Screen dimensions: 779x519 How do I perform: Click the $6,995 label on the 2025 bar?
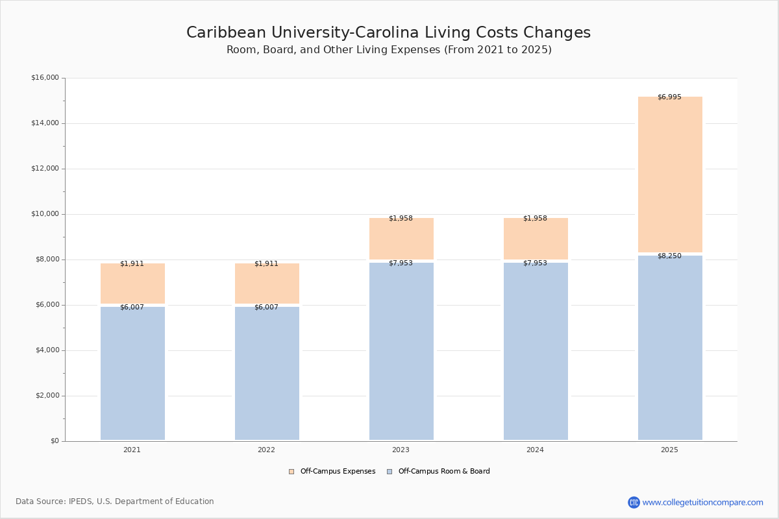[x=669, y=97]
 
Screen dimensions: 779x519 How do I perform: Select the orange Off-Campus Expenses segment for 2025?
[x=670, y=175]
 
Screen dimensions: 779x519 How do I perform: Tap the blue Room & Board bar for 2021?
[x=132, y=373]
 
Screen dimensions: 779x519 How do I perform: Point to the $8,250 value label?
[x=669, y=256]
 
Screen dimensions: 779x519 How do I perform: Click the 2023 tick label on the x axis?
[x=401, y=450]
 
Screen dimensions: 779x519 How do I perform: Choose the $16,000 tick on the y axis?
[x=45, y=77]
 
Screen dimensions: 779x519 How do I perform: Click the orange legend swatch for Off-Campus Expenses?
[x=291, y=472]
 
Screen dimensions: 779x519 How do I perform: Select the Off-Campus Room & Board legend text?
[x=444, y=472]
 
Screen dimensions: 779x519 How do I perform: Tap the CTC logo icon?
[x=634, y=502]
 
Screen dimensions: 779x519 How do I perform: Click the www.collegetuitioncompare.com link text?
[x=703, y=502]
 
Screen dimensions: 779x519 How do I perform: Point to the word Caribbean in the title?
[x=226, y=32]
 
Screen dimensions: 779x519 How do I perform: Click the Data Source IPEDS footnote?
[x=115, y=501]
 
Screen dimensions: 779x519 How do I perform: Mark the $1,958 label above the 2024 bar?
[x=535, y=219]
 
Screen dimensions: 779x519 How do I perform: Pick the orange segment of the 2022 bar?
[x=267, y=284]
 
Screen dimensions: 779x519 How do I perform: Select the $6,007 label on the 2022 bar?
[x=266, y=308]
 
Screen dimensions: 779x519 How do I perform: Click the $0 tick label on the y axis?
[x=55, y=441]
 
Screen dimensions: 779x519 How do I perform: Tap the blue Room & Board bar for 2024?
[x=536, y=352]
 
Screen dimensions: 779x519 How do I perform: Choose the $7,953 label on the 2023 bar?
[x=401, y=263]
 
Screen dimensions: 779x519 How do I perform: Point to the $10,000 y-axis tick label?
[x=45, y=214]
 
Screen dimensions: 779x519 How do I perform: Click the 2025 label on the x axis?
[x=669, y=450]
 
